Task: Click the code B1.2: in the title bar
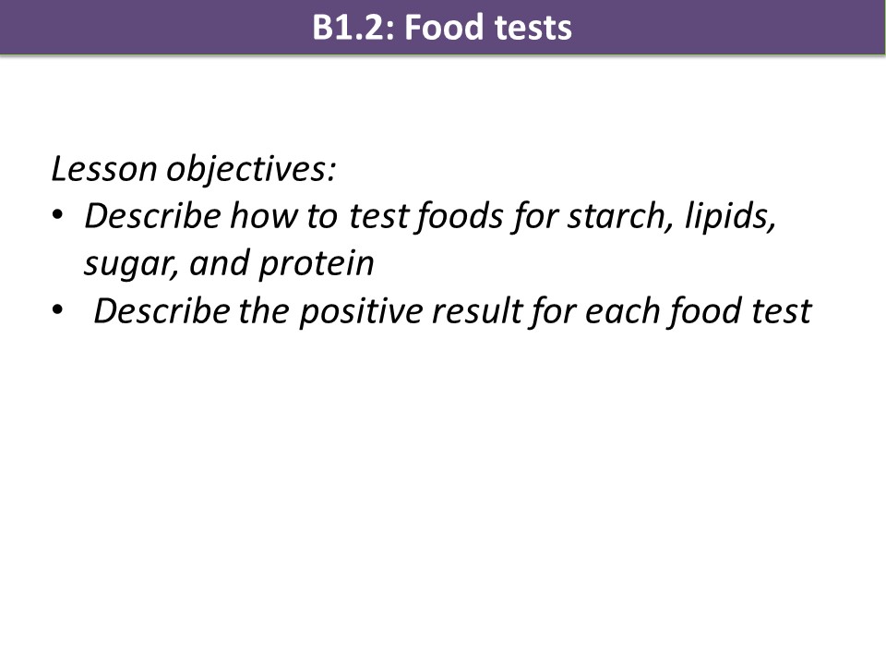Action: pos(353,27)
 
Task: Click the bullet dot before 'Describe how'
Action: pos(57,215)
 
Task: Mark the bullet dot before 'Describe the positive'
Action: pos(57,310)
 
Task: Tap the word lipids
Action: pos(729,216)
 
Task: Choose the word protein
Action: pos(316,264)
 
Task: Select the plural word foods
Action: pos(459,216)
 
